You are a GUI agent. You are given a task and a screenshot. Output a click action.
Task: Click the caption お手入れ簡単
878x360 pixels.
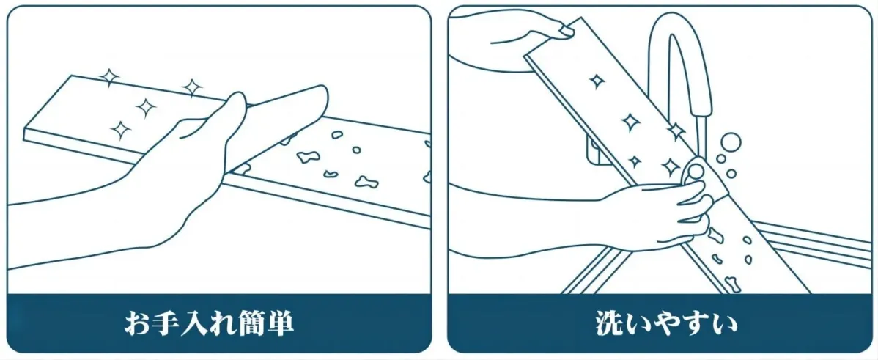coord(208,323)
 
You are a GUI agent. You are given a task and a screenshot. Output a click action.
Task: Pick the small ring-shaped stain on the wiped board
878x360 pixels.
coord(356,150)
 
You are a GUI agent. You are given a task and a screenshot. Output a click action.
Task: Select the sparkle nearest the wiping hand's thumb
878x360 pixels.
coord(192,88)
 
